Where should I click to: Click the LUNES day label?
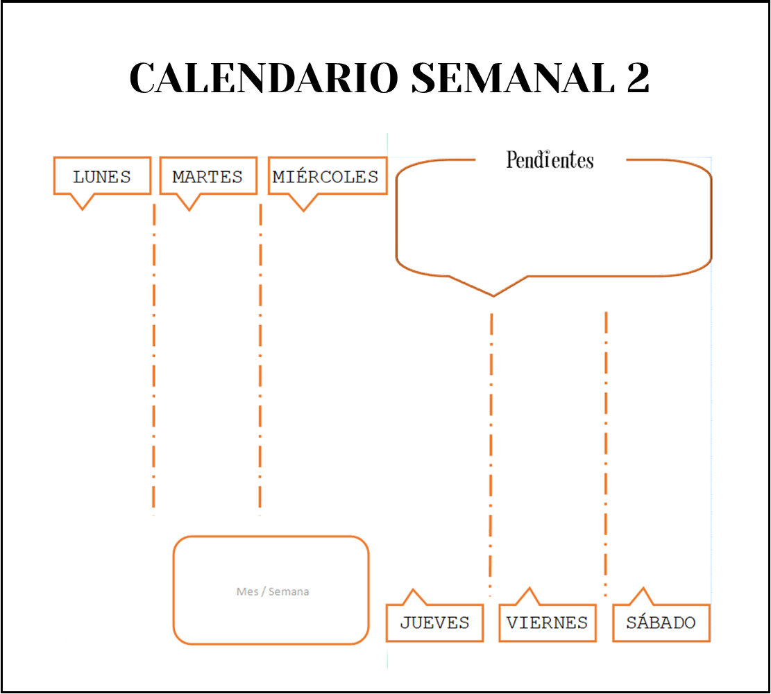click(x=102, y=177)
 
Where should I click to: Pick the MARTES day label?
click(x=207, y=177)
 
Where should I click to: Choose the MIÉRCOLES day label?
click(x=326, y=177)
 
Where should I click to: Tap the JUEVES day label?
click(x=434, y=623)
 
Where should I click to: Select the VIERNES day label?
click(x=547, y=623)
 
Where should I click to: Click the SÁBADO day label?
click(x=661, y=623)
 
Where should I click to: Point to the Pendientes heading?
click(x=550, y=160)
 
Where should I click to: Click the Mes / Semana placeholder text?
click(x=272, y=591)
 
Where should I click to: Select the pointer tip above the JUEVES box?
click(x=414, y=591)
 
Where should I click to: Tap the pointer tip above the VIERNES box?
click(x=529, y=589)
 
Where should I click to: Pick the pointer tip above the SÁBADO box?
click(x=643, y=589)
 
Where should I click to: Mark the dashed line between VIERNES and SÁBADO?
click(x=607, y=451)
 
